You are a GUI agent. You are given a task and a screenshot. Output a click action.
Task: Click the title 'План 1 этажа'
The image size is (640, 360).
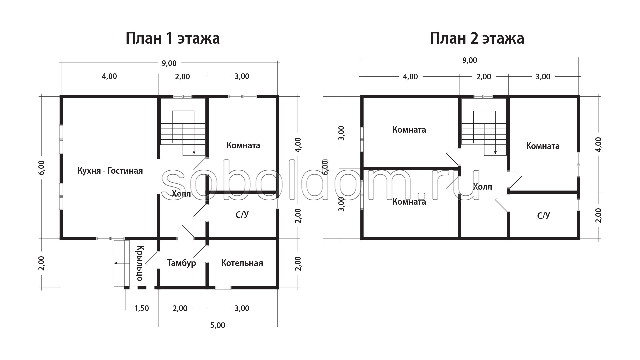pyautogui.click(x=173, y=39)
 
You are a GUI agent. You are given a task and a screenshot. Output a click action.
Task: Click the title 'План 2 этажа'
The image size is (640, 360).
pyautogui.click(x=477, y=39)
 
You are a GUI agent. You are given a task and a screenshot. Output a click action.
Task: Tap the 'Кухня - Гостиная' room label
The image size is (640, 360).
pyautogui.click(x=110, y=171)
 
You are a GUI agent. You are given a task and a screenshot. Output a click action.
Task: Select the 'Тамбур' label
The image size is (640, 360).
pyautogui.click(x=181, y=263)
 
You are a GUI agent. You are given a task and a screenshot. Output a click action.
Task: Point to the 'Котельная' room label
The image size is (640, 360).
pyautogui.click(x=242, y=263)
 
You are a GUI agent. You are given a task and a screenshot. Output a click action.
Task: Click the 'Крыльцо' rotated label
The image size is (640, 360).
pyautogui.click(x=140, y=263)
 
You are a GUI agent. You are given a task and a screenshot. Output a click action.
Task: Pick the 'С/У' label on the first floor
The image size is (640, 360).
pyautogui.click(x=242, y=215)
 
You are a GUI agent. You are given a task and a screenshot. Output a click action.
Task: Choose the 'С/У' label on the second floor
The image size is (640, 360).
pyautogui.click(x=543, y=216)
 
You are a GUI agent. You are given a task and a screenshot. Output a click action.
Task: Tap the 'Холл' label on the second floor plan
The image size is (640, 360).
pyautogui.click(x=482, y=187)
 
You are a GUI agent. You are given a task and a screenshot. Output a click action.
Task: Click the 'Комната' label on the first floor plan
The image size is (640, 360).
pyautogui.click(x=243, y=145)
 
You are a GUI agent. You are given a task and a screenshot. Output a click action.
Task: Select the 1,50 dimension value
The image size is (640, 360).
pyautogui.click(x=141, y=308)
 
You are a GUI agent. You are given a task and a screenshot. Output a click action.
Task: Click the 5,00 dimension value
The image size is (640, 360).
pyautogui.click(x=218, y=325)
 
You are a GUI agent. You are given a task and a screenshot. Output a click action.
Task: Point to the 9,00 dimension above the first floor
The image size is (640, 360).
pyautogui.click(x=169, y=63)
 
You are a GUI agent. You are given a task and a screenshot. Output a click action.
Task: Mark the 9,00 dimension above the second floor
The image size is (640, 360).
pyautogui.click(x=470, y=60)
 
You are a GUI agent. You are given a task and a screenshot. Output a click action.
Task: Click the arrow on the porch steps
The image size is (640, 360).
pyautogui.click(x=122, y=263)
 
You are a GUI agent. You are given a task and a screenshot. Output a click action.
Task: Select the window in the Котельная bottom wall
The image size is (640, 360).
pyautogui.click(x=223, y=288)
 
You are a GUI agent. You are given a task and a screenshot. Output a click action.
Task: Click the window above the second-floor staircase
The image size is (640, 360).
pyautogui.click(x=483, y=97)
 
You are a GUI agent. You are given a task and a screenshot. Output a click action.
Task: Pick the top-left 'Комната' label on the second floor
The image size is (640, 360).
pyautogui.click(x=409, y=130)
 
